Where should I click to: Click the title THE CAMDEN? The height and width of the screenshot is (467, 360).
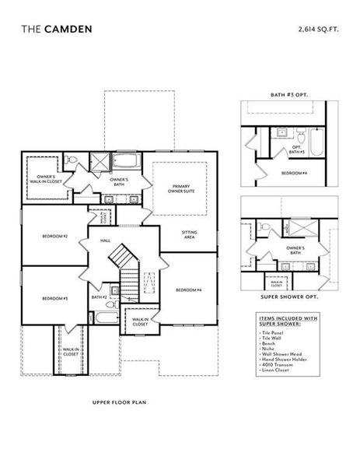[57, 29]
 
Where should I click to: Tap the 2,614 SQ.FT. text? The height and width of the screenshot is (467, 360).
[319, 29]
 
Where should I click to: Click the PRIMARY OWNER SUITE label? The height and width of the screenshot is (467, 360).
[179, 188]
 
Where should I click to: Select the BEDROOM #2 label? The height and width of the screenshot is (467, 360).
[55, 235]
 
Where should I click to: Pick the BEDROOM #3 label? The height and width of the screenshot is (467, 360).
[54, 298]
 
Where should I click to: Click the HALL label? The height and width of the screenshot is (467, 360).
[106, 241]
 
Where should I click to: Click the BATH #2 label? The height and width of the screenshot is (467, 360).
[99, 297]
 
